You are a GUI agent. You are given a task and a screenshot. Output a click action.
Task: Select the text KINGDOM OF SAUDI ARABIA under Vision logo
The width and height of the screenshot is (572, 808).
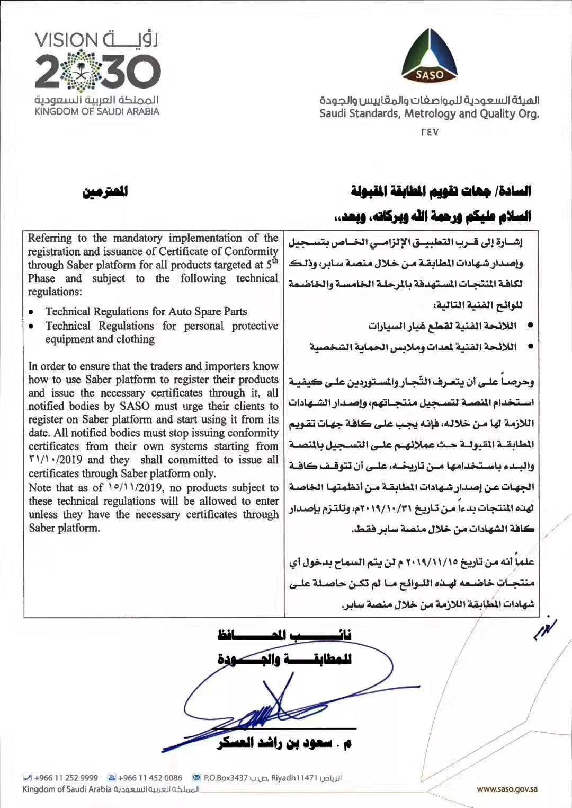[97, 112]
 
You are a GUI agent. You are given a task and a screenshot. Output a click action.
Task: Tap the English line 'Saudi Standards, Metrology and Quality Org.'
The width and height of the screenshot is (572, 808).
[429, 113]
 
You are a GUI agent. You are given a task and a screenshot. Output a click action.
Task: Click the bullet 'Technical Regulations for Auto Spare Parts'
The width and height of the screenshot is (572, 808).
[146, 312]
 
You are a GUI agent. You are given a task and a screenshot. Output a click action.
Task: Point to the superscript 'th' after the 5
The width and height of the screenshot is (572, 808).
[275, 260]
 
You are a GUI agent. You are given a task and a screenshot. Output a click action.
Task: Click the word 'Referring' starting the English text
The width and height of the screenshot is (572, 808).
[50, 238]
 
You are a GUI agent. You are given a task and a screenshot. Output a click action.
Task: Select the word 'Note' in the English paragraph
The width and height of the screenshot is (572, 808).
[40, 488]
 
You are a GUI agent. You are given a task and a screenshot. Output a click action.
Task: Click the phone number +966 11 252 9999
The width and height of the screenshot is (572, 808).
[66, 778]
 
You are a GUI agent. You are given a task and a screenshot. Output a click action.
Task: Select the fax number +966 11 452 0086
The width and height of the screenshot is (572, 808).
[150, 778]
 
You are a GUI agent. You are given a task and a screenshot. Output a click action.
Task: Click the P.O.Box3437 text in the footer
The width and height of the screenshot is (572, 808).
[226, 778]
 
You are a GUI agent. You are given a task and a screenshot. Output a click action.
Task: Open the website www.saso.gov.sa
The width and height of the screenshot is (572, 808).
[507, 789]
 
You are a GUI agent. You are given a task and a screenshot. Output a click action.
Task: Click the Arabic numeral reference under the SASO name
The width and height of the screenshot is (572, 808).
[430, 132]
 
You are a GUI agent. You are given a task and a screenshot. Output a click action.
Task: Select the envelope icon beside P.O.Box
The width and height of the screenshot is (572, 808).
[196, 778]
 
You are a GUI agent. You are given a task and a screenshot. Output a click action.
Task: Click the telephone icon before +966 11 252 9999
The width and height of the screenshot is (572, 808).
[28, 778]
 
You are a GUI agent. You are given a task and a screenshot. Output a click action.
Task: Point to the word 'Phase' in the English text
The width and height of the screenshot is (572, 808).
[41, 278]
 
